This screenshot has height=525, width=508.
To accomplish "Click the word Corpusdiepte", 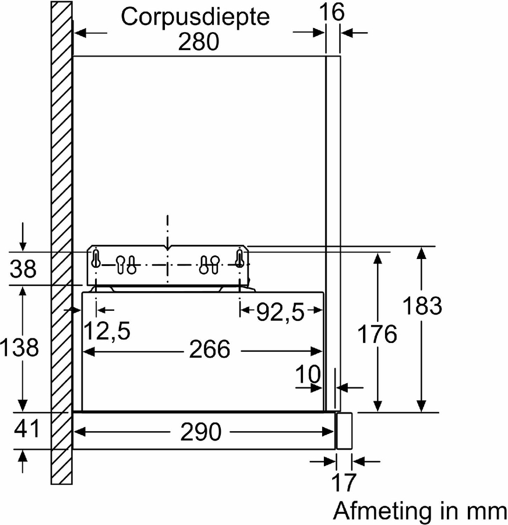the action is [195, 17].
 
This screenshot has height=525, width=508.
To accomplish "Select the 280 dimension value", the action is [199, 42].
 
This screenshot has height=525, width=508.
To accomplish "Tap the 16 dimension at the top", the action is [331, 12].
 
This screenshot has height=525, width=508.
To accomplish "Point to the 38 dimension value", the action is [23, 268].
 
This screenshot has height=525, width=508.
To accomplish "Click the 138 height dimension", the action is [19, 347].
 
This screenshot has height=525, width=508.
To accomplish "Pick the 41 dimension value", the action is [26, 428].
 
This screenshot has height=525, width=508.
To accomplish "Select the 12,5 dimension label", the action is [107, 331].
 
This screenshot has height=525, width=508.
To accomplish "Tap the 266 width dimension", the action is [210, 349].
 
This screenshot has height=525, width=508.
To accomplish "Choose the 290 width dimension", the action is [200, 432].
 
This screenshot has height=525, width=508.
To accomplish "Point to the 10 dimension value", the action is [308, 374].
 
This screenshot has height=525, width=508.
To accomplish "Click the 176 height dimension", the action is [378, 334].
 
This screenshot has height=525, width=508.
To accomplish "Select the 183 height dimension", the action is [422, 306].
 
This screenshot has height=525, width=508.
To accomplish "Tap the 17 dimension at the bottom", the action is [344, 482].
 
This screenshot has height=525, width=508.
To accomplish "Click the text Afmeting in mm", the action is [420, 511].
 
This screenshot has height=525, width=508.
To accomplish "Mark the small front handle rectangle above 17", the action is [344, 431].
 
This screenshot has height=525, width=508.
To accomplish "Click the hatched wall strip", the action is [62, 243].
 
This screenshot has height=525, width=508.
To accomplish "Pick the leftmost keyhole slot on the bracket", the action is [96, 258].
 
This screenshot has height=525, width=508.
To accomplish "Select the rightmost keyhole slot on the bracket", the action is [239, 258].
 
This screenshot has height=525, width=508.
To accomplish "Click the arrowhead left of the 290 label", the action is [79, 432].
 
